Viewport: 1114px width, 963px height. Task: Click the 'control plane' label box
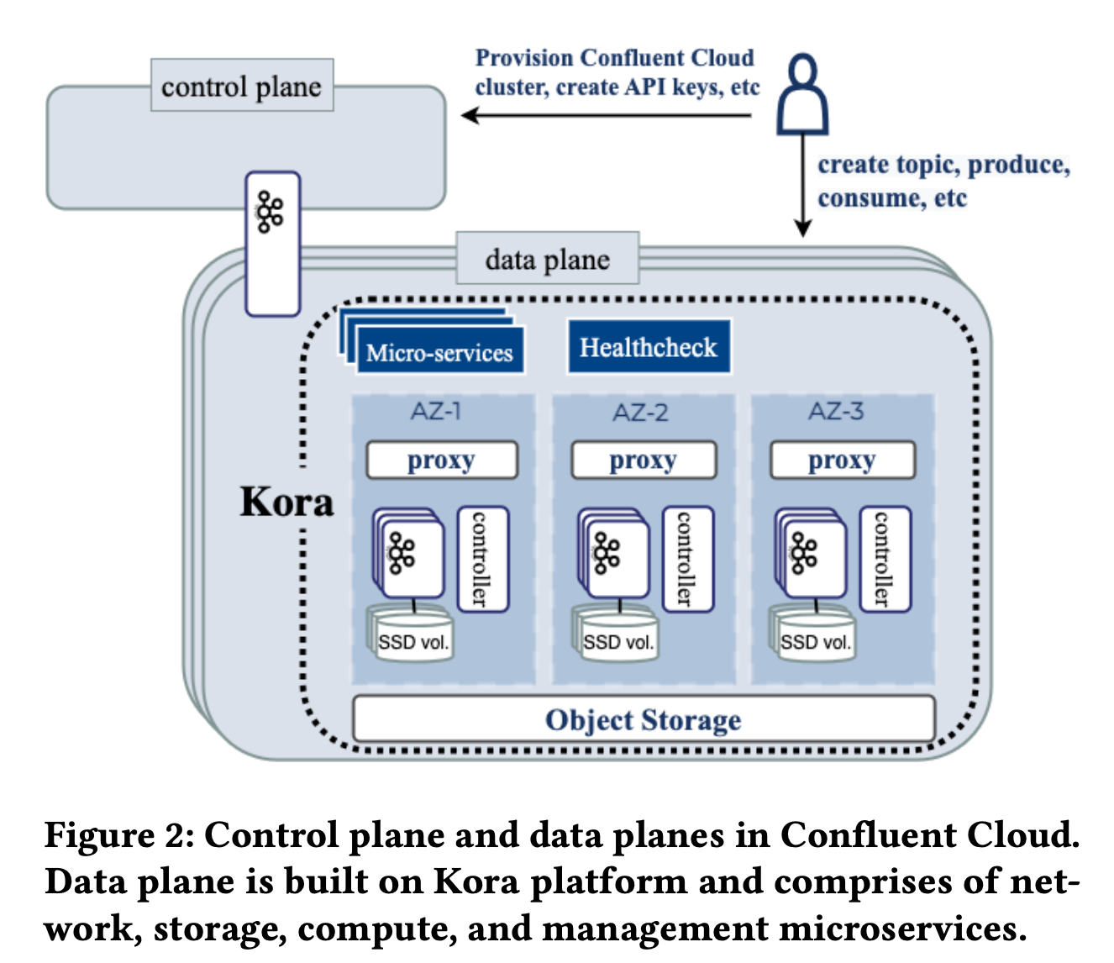coord(242,85)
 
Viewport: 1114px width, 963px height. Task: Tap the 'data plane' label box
coord(548,258)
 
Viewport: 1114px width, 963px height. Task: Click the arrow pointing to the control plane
coord(607,115)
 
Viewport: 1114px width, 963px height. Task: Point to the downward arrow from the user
coord(803,186)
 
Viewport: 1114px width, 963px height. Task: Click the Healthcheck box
coord(649,346)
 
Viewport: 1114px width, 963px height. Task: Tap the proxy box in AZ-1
coord(442,460)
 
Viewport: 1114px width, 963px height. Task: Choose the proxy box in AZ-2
coord(644,460)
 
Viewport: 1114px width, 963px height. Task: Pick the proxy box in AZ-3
coord(843,460)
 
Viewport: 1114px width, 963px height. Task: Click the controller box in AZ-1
coord(483,559)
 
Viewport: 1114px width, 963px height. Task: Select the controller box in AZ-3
coord(885,559)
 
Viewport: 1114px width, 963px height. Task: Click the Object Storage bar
coord(644,718)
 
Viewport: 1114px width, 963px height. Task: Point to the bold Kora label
coord(286,502)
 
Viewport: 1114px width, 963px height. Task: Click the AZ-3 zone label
coord(836,412)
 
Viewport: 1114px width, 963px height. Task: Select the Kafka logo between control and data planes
coord(270,212)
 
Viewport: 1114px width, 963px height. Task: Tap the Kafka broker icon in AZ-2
coord(607,553)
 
